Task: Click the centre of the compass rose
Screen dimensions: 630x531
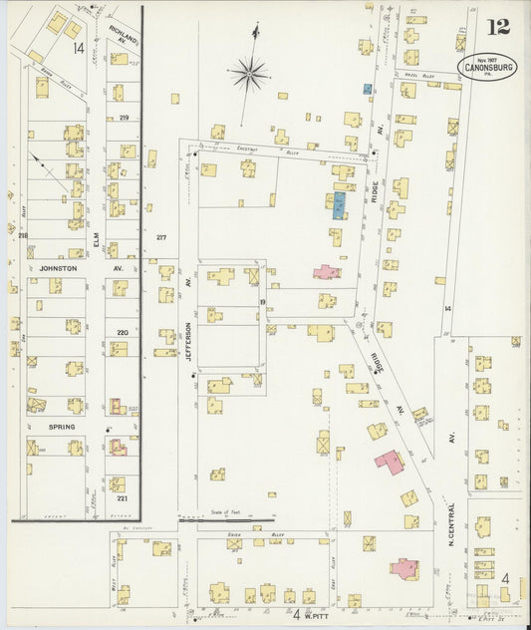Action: (248, 72)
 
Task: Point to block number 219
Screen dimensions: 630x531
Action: (124, 118)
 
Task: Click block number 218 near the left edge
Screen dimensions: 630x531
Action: (22, 233)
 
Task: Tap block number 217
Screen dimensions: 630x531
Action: (161, 236)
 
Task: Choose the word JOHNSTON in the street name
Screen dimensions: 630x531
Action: (51, 268)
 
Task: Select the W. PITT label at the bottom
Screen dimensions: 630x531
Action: (311, 614)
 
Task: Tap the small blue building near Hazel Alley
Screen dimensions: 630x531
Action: (368, 89)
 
